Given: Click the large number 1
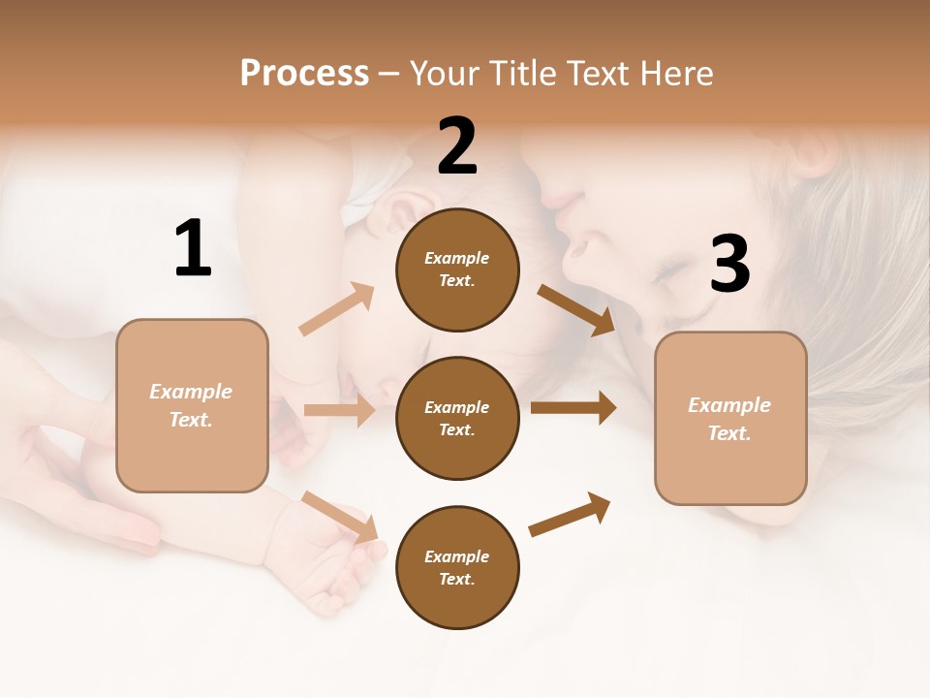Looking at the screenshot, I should click(x=193, y=249).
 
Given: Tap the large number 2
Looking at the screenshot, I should click(x=457, y=147).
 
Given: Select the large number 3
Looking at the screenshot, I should click(x=729, y=265).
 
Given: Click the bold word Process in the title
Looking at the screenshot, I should click(x=304, y=73).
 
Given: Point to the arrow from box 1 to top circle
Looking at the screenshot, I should click(x=336, y=309).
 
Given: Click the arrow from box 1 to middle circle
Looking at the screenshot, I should click(x=339, y=410).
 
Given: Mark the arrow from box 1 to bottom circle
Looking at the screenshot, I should click(x=339, y=516).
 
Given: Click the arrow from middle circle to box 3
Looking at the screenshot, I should click(x=573, y=408).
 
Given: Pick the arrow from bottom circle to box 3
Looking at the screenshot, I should click(x=571, y=514).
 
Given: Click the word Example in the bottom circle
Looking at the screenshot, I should click(x=456, y=556).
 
